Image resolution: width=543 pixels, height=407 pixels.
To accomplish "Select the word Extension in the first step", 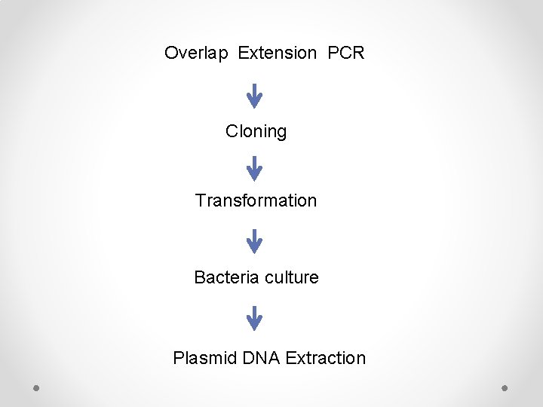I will pyautogui.click(x=278, y=54).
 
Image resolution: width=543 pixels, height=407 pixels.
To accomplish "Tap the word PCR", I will pyautogui.click(x=346, y=54).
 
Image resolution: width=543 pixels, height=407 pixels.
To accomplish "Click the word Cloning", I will pyautogui.click(x=256, y=132).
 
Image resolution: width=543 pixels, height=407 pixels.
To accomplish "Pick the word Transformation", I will pyautogui.click(x=256, y=200).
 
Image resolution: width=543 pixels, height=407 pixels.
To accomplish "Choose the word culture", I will pyautogui.click(x=290, y=277).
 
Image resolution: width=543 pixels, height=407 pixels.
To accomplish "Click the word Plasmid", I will pyautogui.click(x=205, y=358).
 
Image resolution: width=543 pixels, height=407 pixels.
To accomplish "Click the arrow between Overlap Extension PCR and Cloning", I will pyautogui.click(x=255, y=95).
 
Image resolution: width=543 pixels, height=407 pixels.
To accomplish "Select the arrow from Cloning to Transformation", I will pyautogui.click(x=255, y=167).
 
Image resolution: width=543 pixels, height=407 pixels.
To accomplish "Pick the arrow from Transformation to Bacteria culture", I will pyautogui.click(x=255, y=240).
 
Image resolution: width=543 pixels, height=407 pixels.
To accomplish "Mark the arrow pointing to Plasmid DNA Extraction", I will pyautogui.click(x=255, y=318).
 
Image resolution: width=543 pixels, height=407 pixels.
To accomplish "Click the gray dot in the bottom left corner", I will pyautogui.click(x=36, y=387).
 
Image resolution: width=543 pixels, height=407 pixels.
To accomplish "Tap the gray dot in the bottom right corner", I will pyautogui.click(x=505, y=387).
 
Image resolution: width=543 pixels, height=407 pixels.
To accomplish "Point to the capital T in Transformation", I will pyautogui.click(x=200, y=200).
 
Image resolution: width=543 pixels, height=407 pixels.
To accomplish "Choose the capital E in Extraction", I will pyautogui.click(x=291, y=358).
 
